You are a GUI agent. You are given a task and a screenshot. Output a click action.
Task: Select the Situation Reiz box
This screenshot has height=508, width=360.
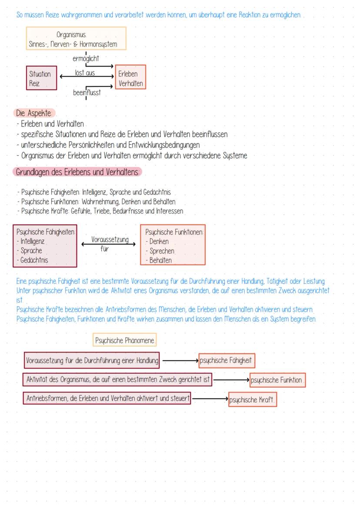tap(42, 78)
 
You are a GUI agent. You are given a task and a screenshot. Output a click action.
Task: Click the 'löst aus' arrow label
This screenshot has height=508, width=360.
tap(85, 73)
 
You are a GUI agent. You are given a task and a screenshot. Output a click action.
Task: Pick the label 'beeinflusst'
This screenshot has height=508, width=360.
tap(86, 92)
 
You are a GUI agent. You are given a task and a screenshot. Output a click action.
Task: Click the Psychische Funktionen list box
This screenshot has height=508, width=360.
tap(173, 245)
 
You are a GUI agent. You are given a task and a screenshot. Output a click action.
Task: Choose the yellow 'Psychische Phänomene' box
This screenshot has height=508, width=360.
tap(125, 341)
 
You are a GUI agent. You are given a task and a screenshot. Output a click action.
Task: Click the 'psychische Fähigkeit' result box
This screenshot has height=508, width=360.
tap(227, 360)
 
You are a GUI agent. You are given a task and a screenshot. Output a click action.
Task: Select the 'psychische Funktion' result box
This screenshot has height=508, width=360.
tap(277, 380)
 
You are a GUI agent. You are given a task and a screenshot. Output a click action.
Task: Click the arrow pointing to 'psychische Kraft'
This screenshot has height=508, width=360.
tap(210, 398)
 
